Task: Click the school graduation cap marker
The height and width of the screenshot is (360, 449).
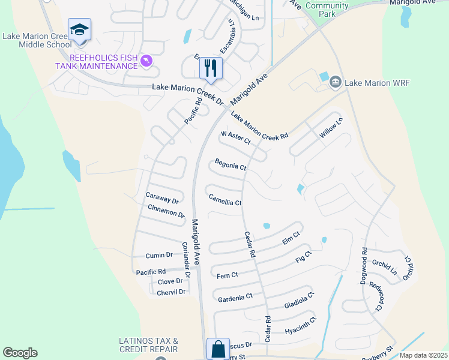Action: click(x=79, y=30)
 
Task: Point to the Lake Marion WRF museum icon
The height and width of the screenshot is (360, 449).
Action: click(x=336, y=82)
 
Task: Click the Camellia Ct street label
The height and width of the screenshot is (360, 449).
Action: click(x=224, y=199)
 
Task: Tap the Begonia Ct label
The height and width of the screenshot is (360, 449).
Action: click(x=231, y=164)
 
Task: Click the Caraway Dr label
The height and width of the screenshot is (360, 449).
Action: click(x=162, y=197)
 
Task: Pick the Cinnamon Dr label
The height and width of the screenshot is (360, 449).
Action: click(x=166, y=211)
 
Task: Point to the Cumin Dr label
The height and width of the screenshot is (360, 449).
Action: click(x=159, y=255)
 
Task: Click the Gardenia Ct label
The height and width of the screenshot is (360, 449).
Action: click(x=235, y=297)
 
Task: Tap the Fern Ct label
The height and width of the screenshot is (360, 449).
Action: click(x=228, y=275)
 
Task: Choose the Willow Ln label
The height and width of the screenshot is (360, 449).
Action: click(x=331, y=128)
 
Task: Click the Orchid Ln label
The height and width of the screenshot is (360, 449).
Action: click(x=385, y=267)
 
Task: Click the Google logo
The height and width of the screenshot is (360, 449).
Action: click(x=20, y=353)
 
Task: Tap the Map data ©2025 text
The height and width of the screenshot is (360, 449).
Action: click(x=423, y=355)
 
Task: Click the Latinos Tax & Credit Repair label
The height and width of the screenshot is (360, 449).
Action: click(x=148, y=345)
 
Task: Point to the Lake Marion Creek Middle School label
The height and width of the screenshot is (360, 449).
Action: click(x=37, y=40)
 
